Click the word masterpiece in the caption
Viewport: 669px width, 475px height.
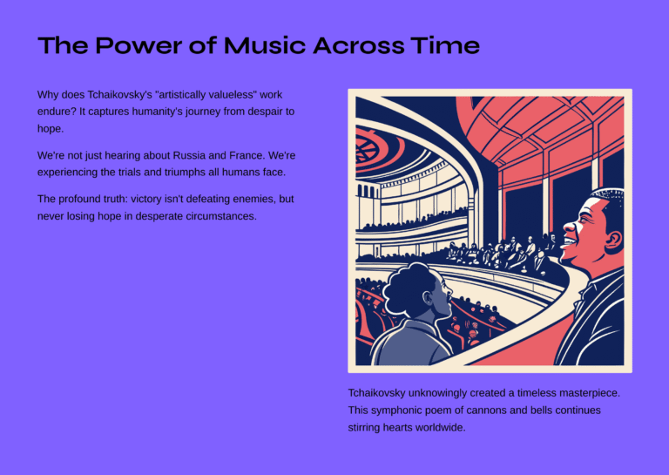click(x=587, y=393)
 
